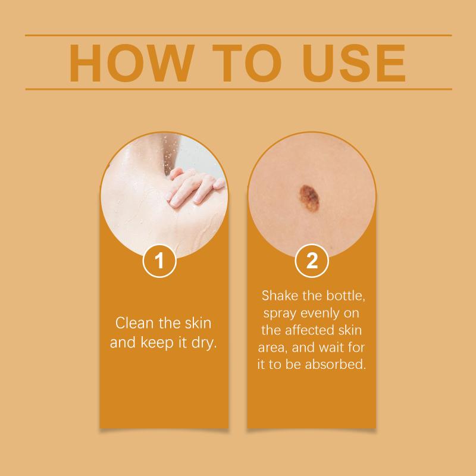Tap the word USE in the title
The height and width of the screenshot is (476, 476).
tap(353, 63)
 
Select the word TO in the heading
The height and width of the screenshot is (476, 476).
tap(247, 63)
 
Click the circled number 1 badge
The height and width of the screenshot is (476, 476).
tap(159, 261)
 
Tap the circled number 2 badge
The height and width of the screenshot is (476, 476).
tap(312, 261)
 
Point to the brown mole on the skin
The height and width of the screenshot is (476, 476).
tap(309, 198)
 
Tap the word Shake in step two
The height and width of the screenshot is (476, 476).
tap(280, 295)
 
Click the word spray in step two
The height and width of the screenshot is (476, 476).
tap(280, 314)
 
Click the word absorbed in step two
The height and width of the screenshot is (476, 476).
tap(336, 364)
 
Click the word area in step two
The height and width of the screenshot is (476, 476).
tap(273, 348)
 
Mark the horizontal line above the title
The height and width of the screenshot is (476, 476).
tap(239, 36)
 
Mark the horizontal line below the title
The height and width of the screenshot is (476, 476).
tap(239, 89)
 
